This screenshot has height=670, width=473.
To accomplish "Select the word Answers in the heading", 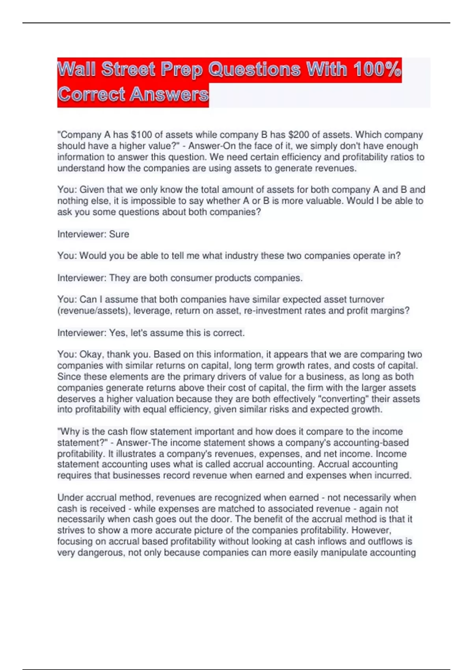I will coord(169,95).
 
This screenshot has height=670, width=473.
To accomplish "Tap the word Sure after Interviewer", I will coord(119,234).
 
